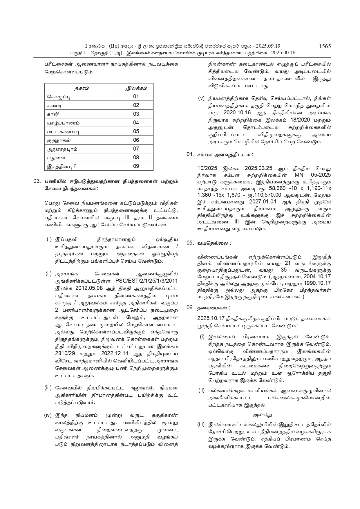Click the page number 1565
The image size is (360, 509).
tap(325, 46)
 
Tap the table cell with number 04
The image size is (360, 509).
tap(136, 123)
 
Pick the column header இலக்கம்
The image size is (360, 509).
tap(136, 88)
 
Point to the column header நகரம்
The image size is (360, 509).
tap(82, 88)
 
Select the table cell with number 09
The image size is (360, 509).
tap(136, 166)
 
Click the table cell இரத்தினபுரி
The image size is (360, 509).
tap(62, 167)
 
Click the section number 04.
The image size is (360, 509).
tap(190, 155)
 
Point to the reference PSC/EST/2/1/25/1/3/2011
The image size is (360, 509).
tap(146, 281)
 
